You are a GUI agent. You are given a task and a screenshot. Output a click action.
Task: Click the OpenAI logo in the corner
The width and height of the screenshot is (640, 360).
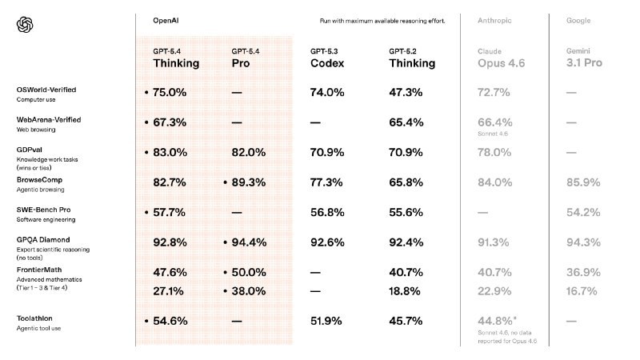pyautogui.click(x=24, y=26)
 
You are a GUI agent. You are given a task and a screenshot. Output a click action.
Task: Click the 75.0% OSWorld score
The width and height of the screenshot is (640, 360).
pyautogui.click(x=170, y=93)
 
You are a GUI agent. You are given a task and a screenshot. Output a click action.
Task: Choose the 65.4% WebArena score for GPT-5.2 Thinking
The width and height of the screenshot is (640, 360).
pyautogui.click(x=406, y=122)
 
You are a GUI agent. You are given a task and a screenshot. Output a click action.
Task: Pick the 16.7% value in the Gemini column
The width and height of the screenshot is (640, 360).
pyautogui.click(x=584, y=291)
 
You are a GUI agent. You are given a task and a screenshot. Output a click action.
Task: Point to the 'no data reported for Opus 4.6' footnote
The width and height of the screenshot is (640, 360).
pyautogui.click(x=501, y=338)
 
